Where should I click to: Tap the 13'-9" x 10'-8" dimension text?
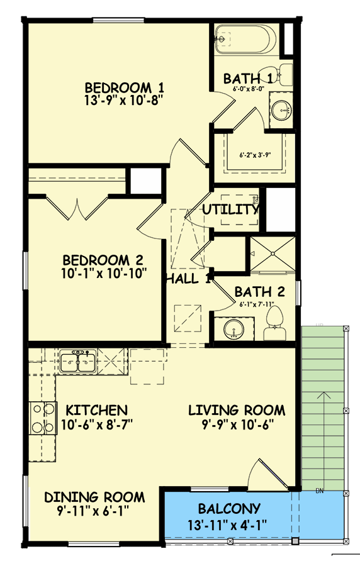pyautogui.click(x=119, y=101)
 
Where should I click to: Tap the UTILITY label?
pyautogui.click(x=230, y=209)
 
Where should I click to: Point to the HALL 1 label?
pyautogui.click(x=188, y=279)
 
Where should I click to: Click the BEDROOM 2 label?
pyautogui.click(x=104, y=260)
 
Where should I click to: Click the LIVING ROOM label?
pyautogui.click(x=237, y=411)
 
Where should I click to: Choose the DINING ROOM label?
pyautogui.click(x=94, y=497)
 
